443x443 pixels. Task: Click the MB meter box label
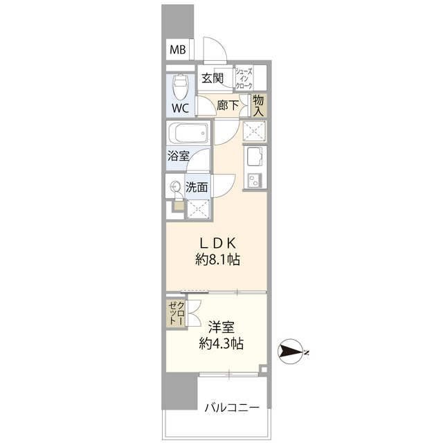pos(178,50)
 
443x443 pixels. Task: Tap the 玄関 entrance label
pos(213,78)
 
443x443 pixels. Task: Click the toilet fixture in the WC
pos(181,87)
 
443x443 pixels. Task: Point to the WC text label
pos(181,109)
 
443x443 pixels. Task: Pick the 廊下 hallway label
pos(228,105)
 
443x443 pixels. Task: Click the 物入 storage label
pos(258,105)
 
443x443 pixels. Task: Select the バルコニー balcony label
pos(232,408)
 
